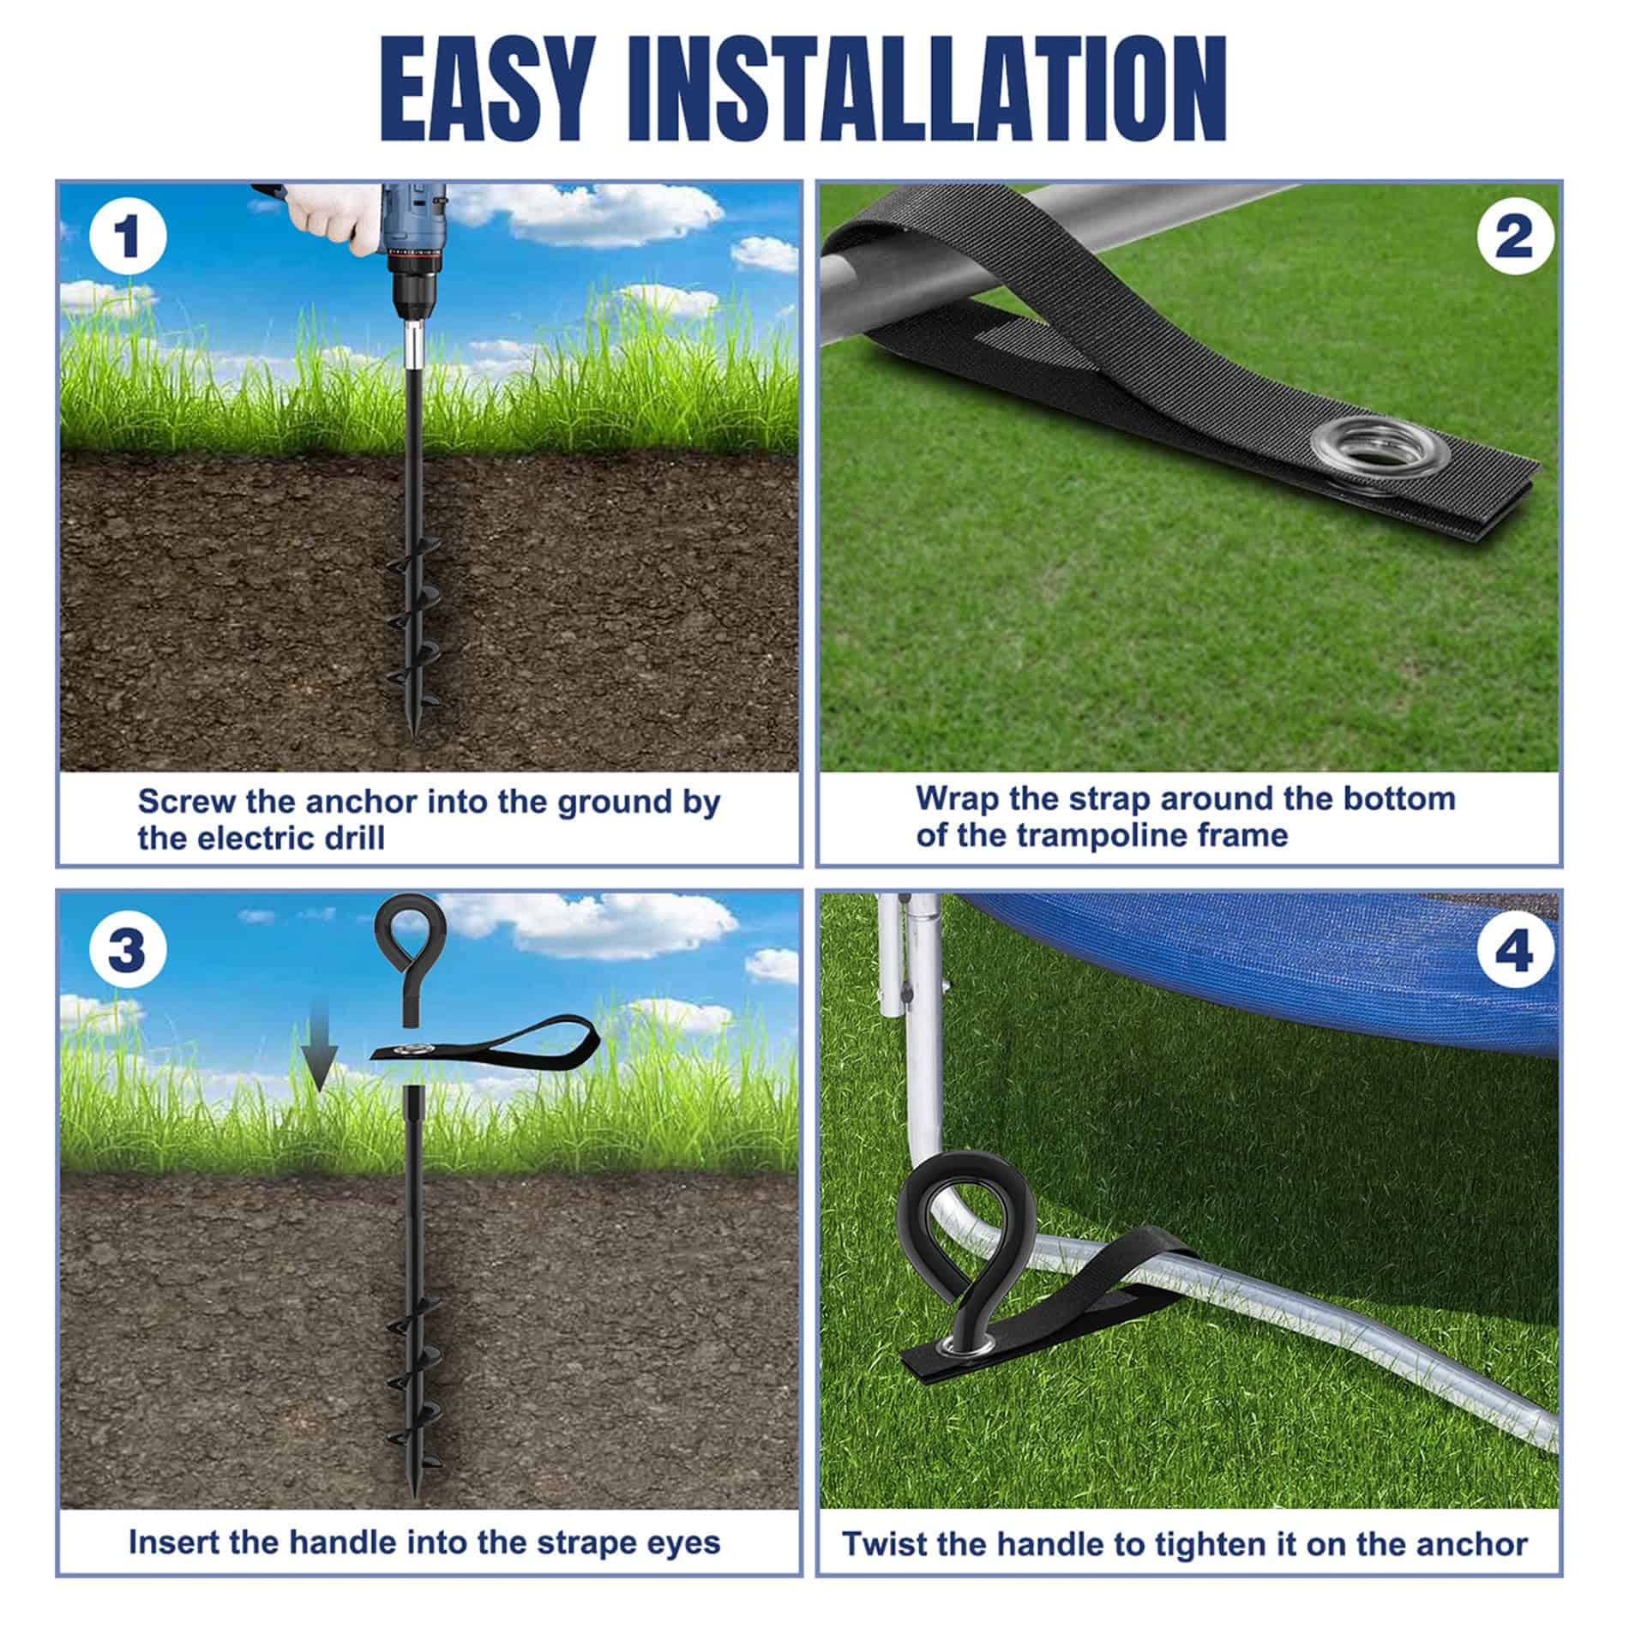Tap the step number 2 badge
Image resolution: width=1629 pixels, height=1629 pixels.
(x=1515, y=236)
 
